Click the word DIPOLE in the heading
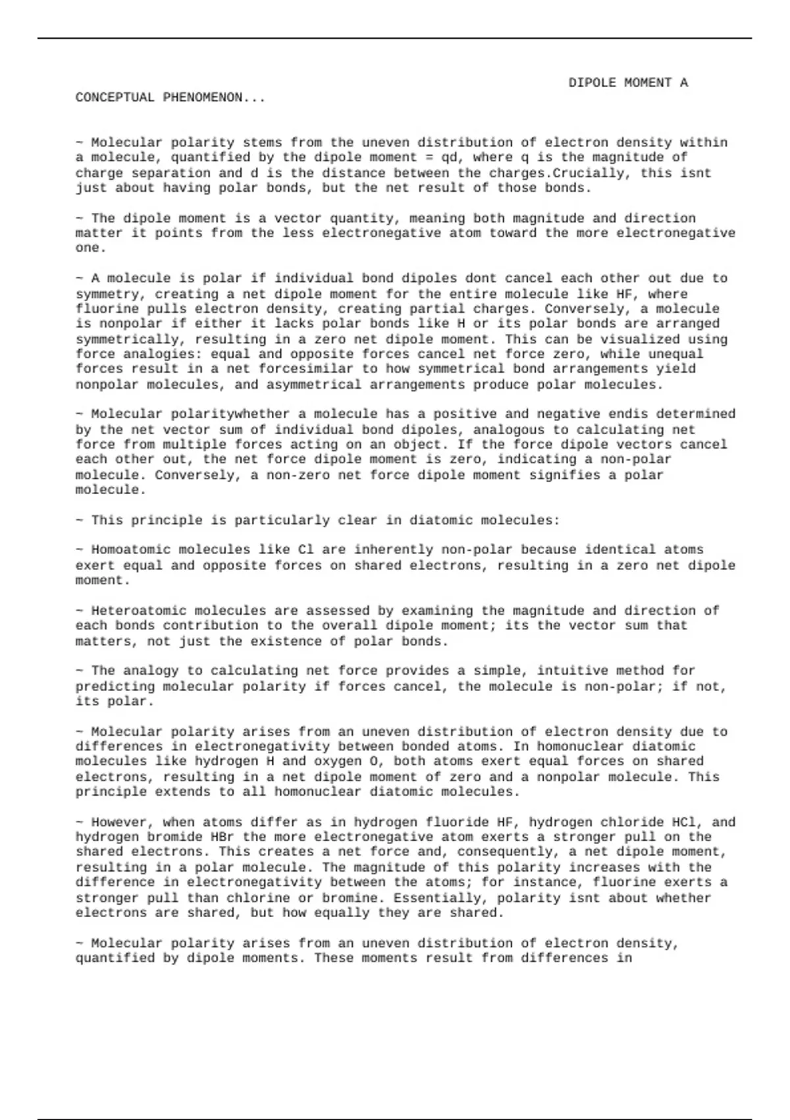click(592, 83)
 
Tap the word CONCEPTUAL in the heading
click(115, 98)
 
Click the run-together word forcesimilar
click(306, 369)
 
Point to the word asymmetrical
click(310, 385)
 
